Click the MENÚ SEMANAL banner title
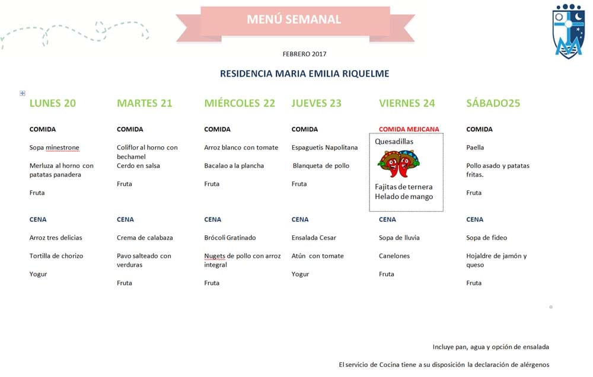(x=294, y=20)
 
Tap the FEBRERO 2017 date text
(x=304, y=54)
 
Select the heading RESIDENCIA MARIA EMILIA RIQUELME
(x=304, y=74)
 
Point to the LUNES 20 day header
(x=53, y=103)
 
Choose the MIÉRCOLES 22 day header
(x=240, y=103)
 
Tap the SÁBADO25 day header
(x=493, y=103)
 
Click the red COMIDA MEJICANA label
(x=409, y=129)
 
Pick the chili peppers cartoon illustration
(x=397, y=164)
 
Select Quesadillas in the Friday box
(x=394, y=142)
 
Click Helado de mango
(x=404, y=197)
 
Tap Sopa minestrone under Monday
(x=54, y=148)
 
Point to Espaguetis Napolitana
(x=324, y=148)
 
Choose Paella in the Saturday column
(x=475, y=148)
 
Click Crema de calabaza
(x=145, y=238)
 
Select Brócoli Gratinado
(x=230, y=238)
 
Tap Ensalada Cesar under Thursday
(x=314, y=238)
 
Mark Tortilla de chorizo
(x=56, y=256)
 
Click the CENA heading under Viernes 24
(x=387, y=219)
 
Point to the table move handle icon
(x=23, y=93)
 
